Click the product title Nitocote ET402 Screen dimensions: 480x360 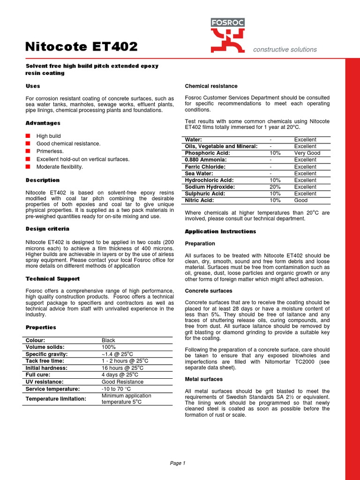pos(81,46)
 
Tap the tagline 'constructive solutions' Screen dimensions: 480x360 pos(285,49)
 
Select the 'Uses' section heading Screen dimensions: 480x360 pos(33,86)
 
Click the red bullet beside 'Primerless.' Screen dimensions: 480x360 pos(28,151)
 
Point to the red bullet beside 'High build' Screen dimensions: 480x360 pos(28,136)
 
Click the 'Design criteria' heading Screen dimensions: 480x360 pos(47,229)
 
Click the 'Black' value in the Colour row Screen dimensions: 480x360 pos(108,340)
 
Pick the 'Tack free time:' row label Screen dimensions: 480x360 pos(45,361)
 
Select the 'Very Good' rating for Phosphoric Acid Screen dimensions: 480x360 pos(307,153)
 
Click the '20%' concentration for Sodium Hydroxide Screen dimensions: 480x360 pos(275,187)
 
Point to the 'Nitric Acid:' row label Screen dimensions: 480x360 pos(200,200)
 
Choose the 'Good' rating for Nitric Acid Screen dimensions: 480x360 pos(301,200)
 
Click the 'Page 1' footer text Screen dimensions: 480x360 pos(178,463)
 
